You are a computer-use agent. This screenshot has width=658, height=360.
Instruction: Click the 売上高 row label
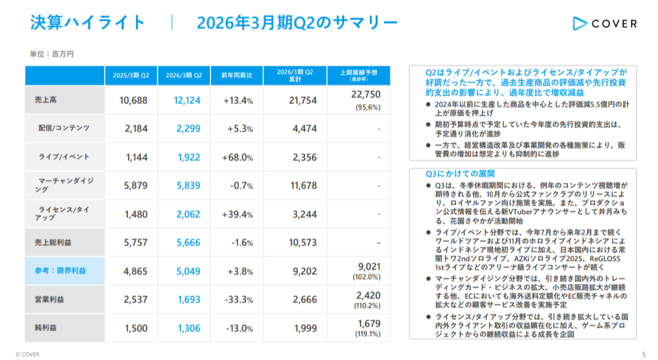click(x=46, y=100)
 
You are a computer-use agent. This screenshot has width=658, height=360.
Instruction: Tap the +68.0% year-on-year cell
click(x=237, y=158)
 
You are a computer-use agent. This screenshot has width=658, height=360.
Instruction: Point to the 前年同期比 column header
click(x=237, y=75)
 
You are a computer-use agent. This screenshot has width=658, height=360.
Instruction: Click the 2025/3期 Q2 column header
click(x=131, y=75)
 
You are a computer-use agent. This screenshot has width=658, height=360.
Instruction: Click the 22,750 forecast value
click(x=366, y=95)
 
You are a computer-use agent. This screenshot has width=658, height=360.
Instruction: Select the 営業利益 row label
click(x=50, y=300)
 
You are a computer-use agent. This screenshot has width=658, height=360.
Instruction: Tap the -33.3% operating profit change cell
click(x=237, y=300)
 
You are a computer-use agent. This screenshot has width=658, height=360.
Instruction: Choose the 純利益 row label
click(x=46, y=328)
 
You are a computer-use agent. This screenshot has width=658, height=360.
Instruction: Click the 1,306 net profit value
click(x=188, y=328)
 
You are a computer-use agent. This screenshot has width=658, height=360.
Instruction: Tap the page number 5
click(x=643, y=353)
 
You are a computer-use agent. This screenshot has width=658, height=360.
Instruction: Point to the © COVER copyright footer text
click(x=27, y=353)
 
